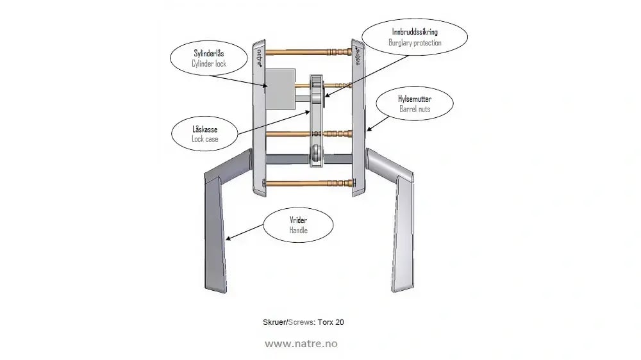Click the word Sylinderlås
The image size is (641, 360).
click(209, 53)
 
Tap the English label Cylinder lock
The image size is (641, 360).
click(209, 63)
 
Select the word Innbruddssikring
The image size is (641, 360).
click(415, 32)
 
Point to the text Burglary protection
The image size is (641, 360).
click(415, 42)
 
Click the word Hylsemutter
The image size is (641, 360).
click(415, 99)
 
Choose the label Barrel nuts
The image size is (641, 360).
click(415, 109)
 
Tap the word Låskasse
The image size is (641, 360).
click(205, 129)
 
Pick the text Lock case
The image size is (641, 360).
click(205, 139)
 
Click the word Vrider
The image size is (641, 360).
click(299, 220)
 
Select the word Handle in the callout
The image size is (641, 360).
click(299, 230)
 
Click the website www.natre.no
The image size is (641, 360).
click(301, 343)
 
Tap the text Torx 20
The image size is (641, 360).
click(331, 322)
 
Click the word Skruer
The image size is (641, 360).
click(274, 322)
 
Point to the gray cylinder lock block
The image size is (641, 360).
click(281, 89)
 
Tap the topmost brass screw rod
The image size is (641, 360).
click(308, 52)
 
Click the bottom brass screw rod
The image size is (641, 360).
click(308, 183)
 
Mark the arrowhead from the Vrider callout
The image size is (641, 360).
click(228, 239)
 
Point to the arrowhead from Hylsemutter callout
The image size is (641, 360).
click(369, 129)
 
